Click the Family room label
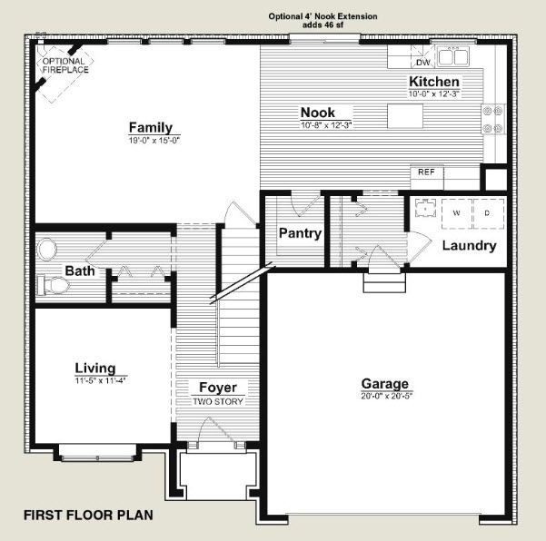(x=151, y=127)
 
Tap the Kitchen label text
(x=434, y=82)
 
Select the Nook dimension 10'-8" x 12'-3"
(x=326, y=125)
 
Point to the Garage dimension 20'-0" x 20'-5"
(x=386, y=396)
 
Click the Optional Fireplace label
(x=65, y=65)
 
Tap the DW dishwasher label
(x=423, y=63)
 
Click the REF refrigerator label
(x=426, y=172)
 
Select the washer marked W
(x=456, y=213)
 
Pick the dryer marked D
(x=489, y=213)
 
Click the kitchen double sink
(x=453, y=56)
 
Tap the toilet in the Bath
(x=53, y=285)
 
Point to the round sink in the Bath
(x=46, y=249)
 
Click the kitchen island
(x=405, y=116)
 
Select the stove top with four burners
(x=493, y=119)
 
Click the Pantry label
(x=300, y=233)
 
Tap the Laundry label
(x=469, y=246)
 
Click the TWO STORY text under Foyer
(x=218, y=401)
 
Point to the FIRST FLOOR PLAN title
(x=88, y=516)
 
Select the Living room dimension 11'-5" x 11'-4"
(x=100, y=380)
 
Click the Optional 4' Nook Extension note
(x=323, y=21)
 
